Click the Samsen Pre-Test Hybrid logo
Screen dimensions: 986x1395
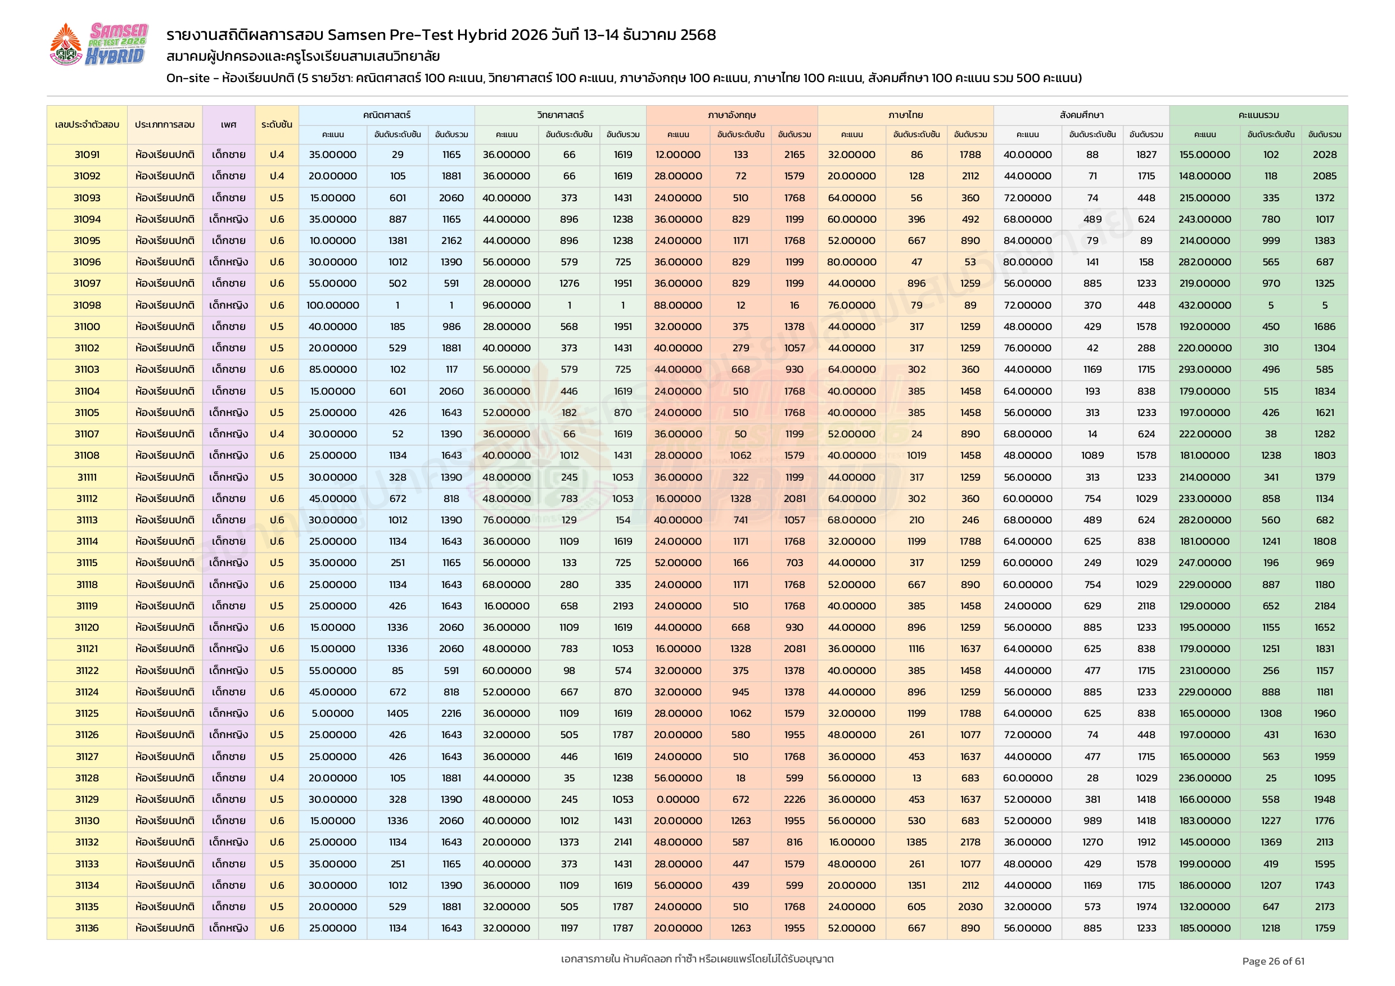[98, 44]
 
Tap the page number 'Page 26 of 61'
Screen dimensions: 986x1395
[1273, 961]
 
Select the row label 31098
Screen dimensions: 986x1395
[87, 305]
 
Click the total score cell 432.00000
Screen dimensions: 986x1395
[1204, 305]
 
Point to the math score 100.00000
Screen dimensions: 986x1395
[332, 305]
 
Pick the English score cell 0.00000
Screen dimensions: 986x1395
[678, 799]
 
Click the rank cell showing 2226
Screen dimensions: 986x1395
[794, 799]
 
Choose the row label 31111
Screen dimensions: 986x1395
[87, 477]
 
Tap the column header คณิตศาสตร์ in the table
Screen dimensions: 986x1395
[386, 115]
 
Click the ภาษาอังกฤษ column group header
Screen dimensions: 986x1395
[732, 115]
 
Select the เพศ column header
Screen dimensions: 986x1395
[228, 125]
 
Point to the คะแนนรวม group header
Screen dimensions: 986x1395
[1258, 115]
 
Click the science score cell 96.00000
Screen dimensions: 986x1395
[506, 305]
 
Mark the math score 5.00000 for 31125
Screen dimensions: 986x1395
[332, 713]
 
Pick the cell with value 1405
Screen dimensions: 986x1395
[398, 713]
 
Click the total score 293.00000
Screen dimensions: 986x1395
[1204, 369]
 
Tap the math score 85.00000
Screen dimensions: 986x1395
[332, 369]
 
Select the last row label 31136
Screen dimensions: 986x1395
[87, 928]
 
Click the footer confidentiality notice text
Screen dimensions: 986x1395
[697, 958]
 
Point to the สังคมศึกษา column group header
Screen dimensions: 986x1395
[1081, 115]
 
